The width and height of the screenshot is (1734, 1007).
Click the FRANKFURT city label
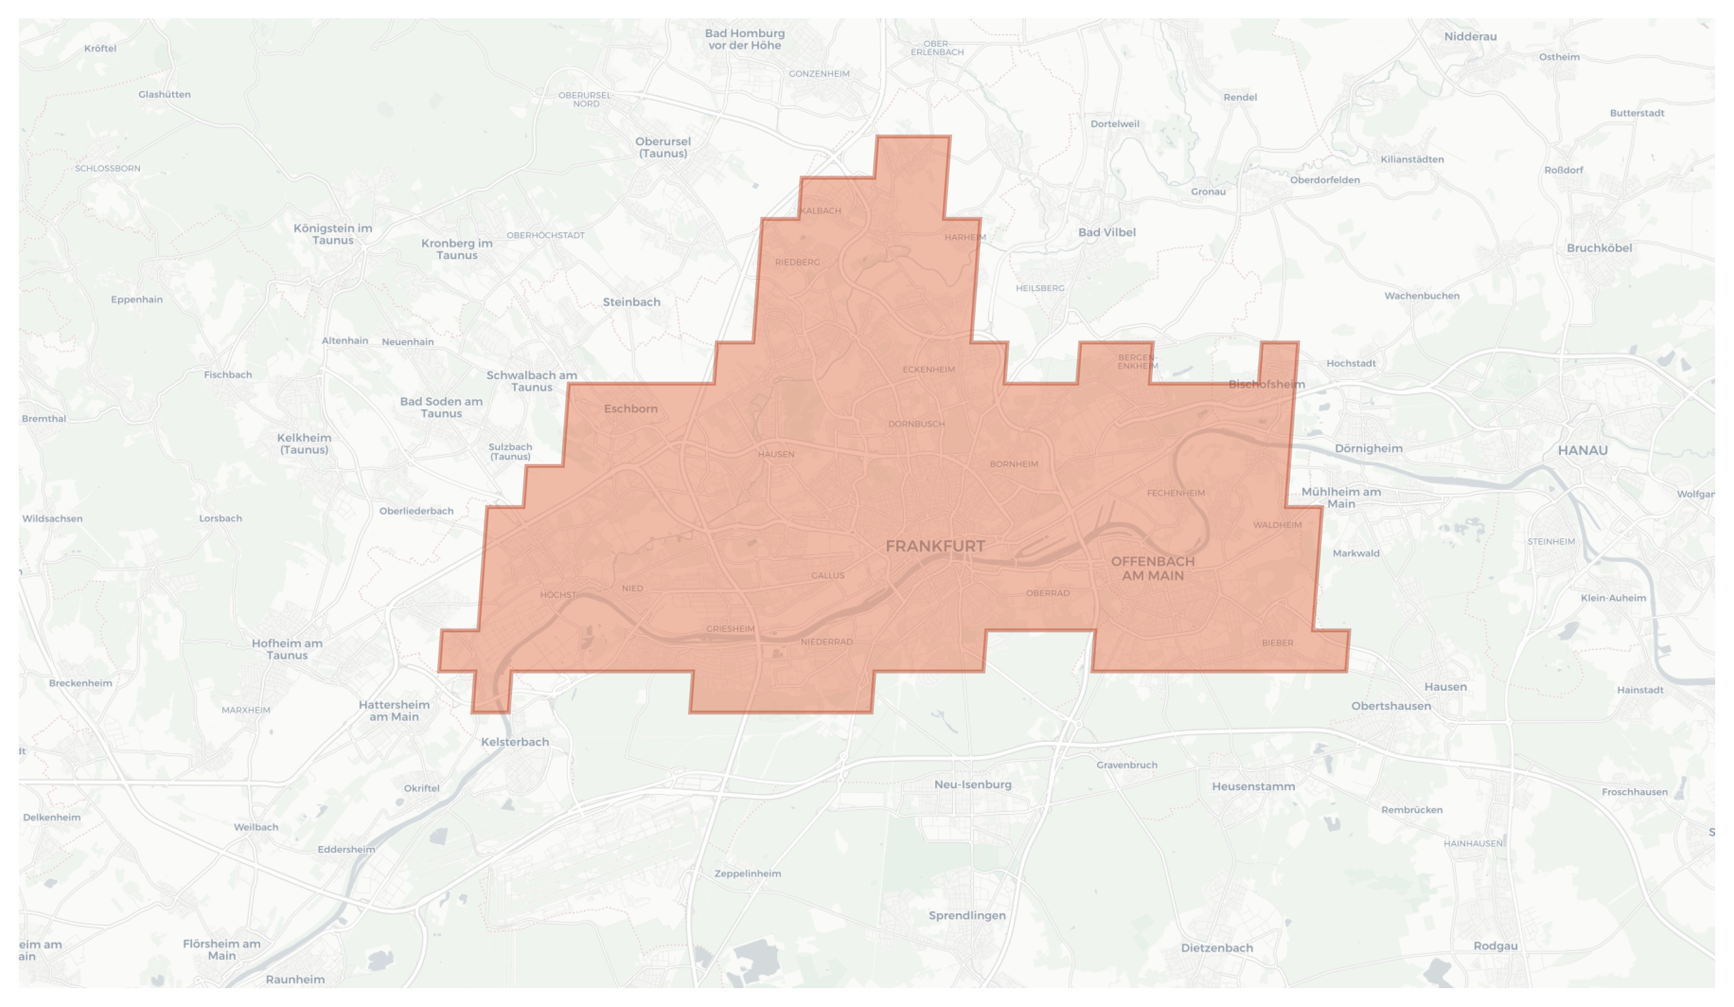(x=935, y=546)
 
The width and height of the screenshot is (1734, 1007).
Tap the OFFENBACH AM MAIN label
(x=1153, y=568)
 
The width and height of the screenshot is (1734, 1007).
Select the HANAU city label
(x=1583, y=451)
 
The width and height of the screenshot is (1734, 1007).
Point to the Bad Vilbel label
(x=1106, y=233)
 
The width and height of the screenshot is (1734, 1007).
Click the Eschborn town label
(x=630, y=409)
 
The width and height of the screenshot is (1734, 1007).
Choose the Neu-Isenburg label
(x=973, y=784)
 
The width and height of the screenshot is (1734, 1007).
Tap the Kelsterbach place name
(x=515, y=742)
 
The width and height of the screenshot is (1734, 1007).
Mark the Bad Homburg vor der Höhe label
(x=744, y=39)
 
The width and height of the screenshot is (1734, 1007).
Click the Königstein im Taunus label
(x=333, y=234)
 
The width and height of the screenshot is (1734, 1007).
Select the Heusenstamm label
(x=1253, y=787)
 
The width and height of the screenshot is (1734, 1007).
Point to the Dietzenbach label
(x=1216, y=949)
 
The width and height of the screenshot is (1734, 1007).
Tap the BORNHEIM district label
(x=1013, y=465)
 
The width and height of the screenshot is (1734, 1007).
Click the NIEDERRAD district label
(x=826, y=642)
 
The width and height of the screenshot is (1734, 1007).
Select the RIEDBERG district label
(x=797, y=262)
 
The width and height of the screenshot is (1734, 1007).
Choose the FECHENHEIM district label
(x=1176, y=493)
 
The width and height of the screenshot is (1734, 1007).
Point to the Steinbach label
(x=631, y=302)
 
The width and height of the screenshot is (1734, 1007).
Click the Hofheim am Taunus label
(x=287, y=649)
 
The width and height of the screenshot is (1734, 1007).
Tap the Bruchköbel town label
(x=1599, y=248)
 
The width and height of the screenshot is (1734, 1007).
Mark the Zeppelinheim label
(x=747, y=874)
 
